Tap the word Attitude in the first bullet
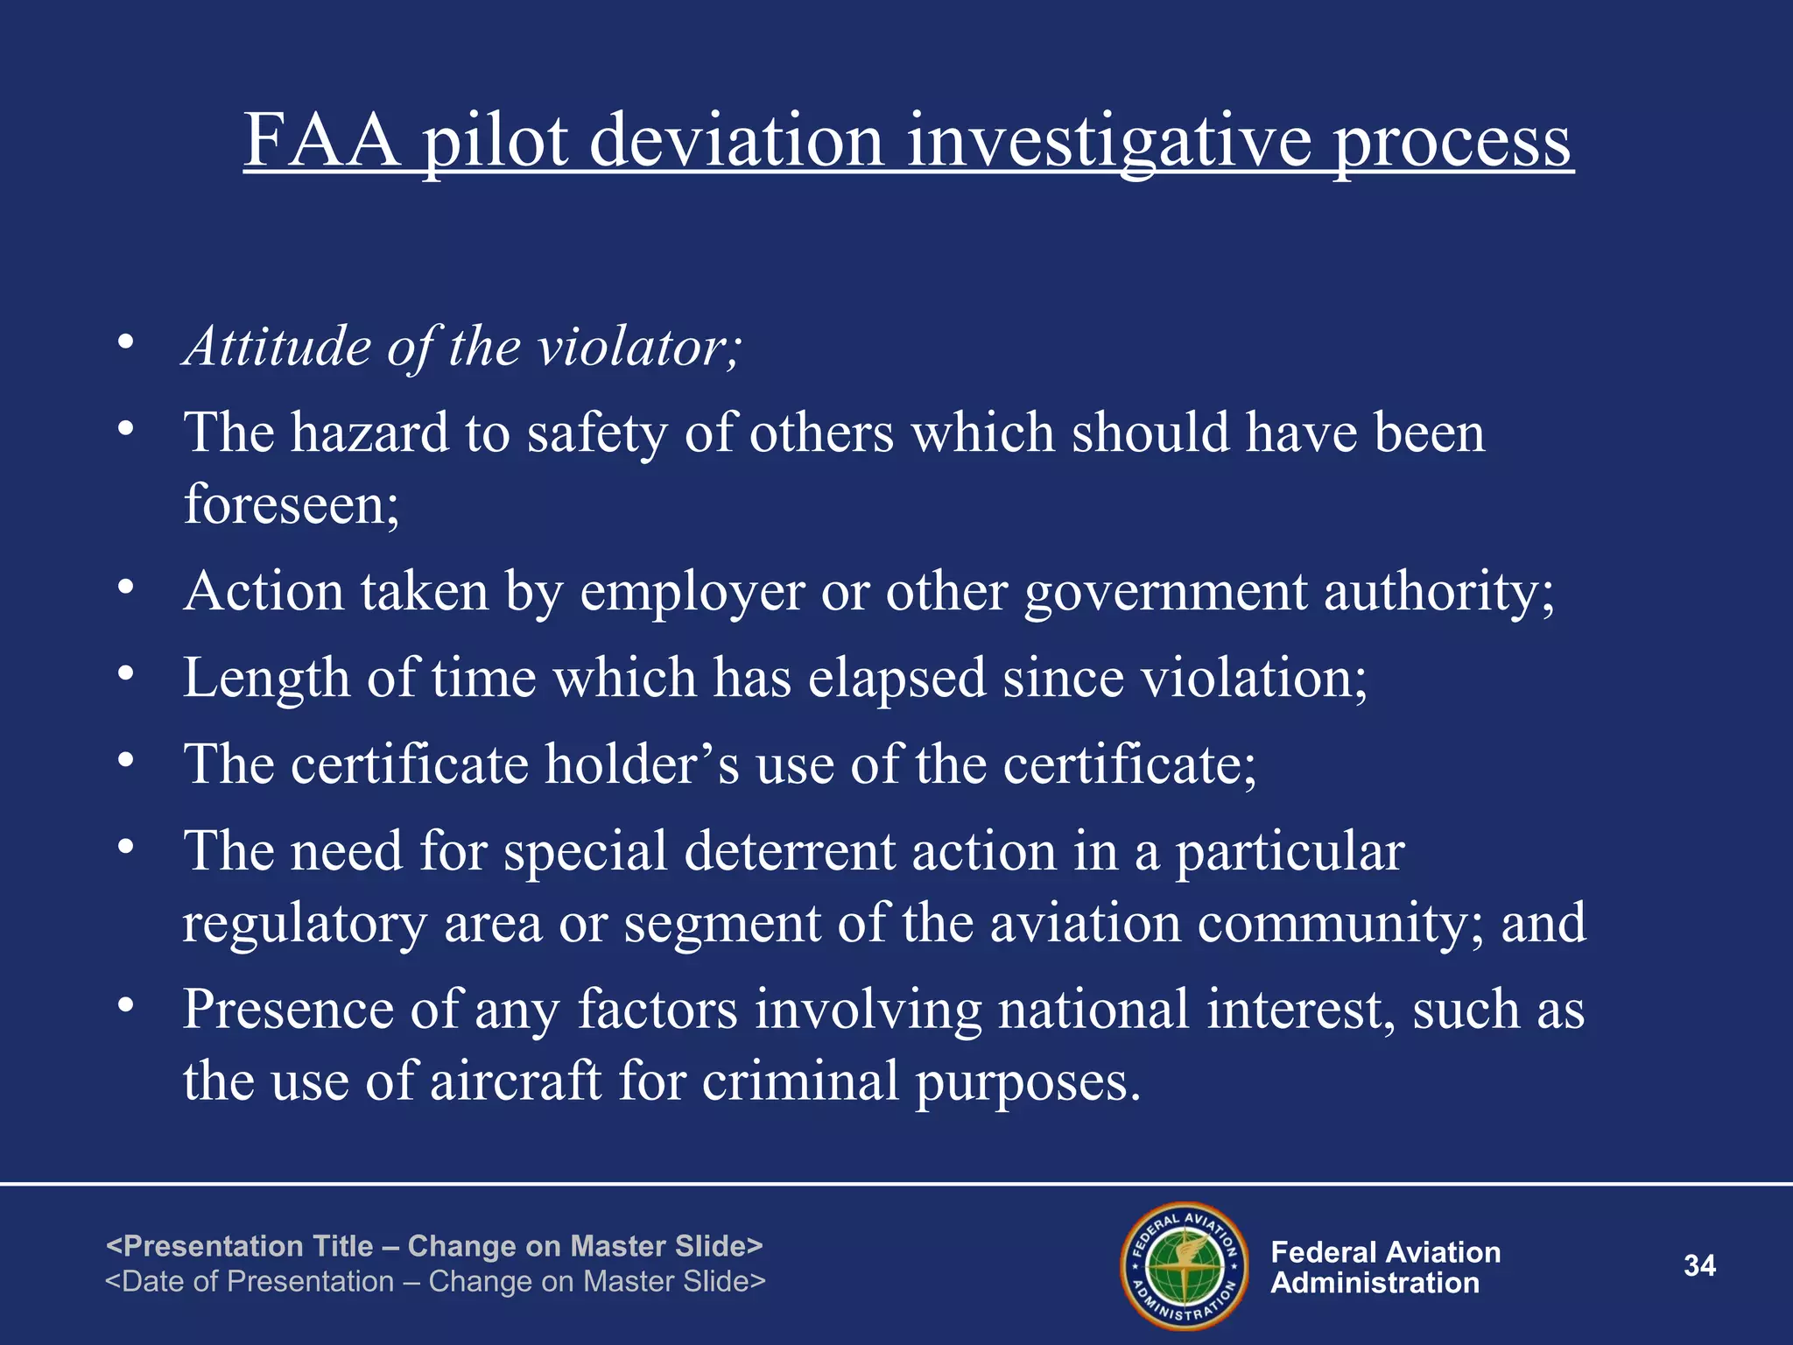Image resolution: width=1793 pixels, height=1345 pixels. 278,347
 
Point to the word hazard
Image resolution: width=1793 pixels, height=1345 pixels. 369,433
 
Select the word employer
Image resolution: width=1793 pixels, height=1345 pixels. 692,593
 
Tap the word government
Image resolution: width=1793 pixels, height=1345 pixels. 1164,593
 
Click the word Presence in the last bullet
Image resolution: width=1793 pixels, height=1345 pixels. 288,1010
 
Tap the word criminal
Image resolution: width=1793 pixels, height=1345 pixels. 800,1081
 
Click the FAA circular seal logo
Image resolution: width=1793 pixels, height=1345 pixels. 1185,1266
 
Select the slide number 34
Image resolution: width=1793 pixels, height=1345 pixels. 1699,1266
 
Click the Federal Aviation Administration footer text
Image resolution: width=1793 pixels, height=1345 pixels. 1385,1268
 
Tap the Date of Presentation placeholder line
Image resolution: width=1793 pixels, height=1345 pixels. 435,1282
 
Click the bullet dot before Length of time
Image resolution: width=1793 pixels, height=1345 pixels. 126,673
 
